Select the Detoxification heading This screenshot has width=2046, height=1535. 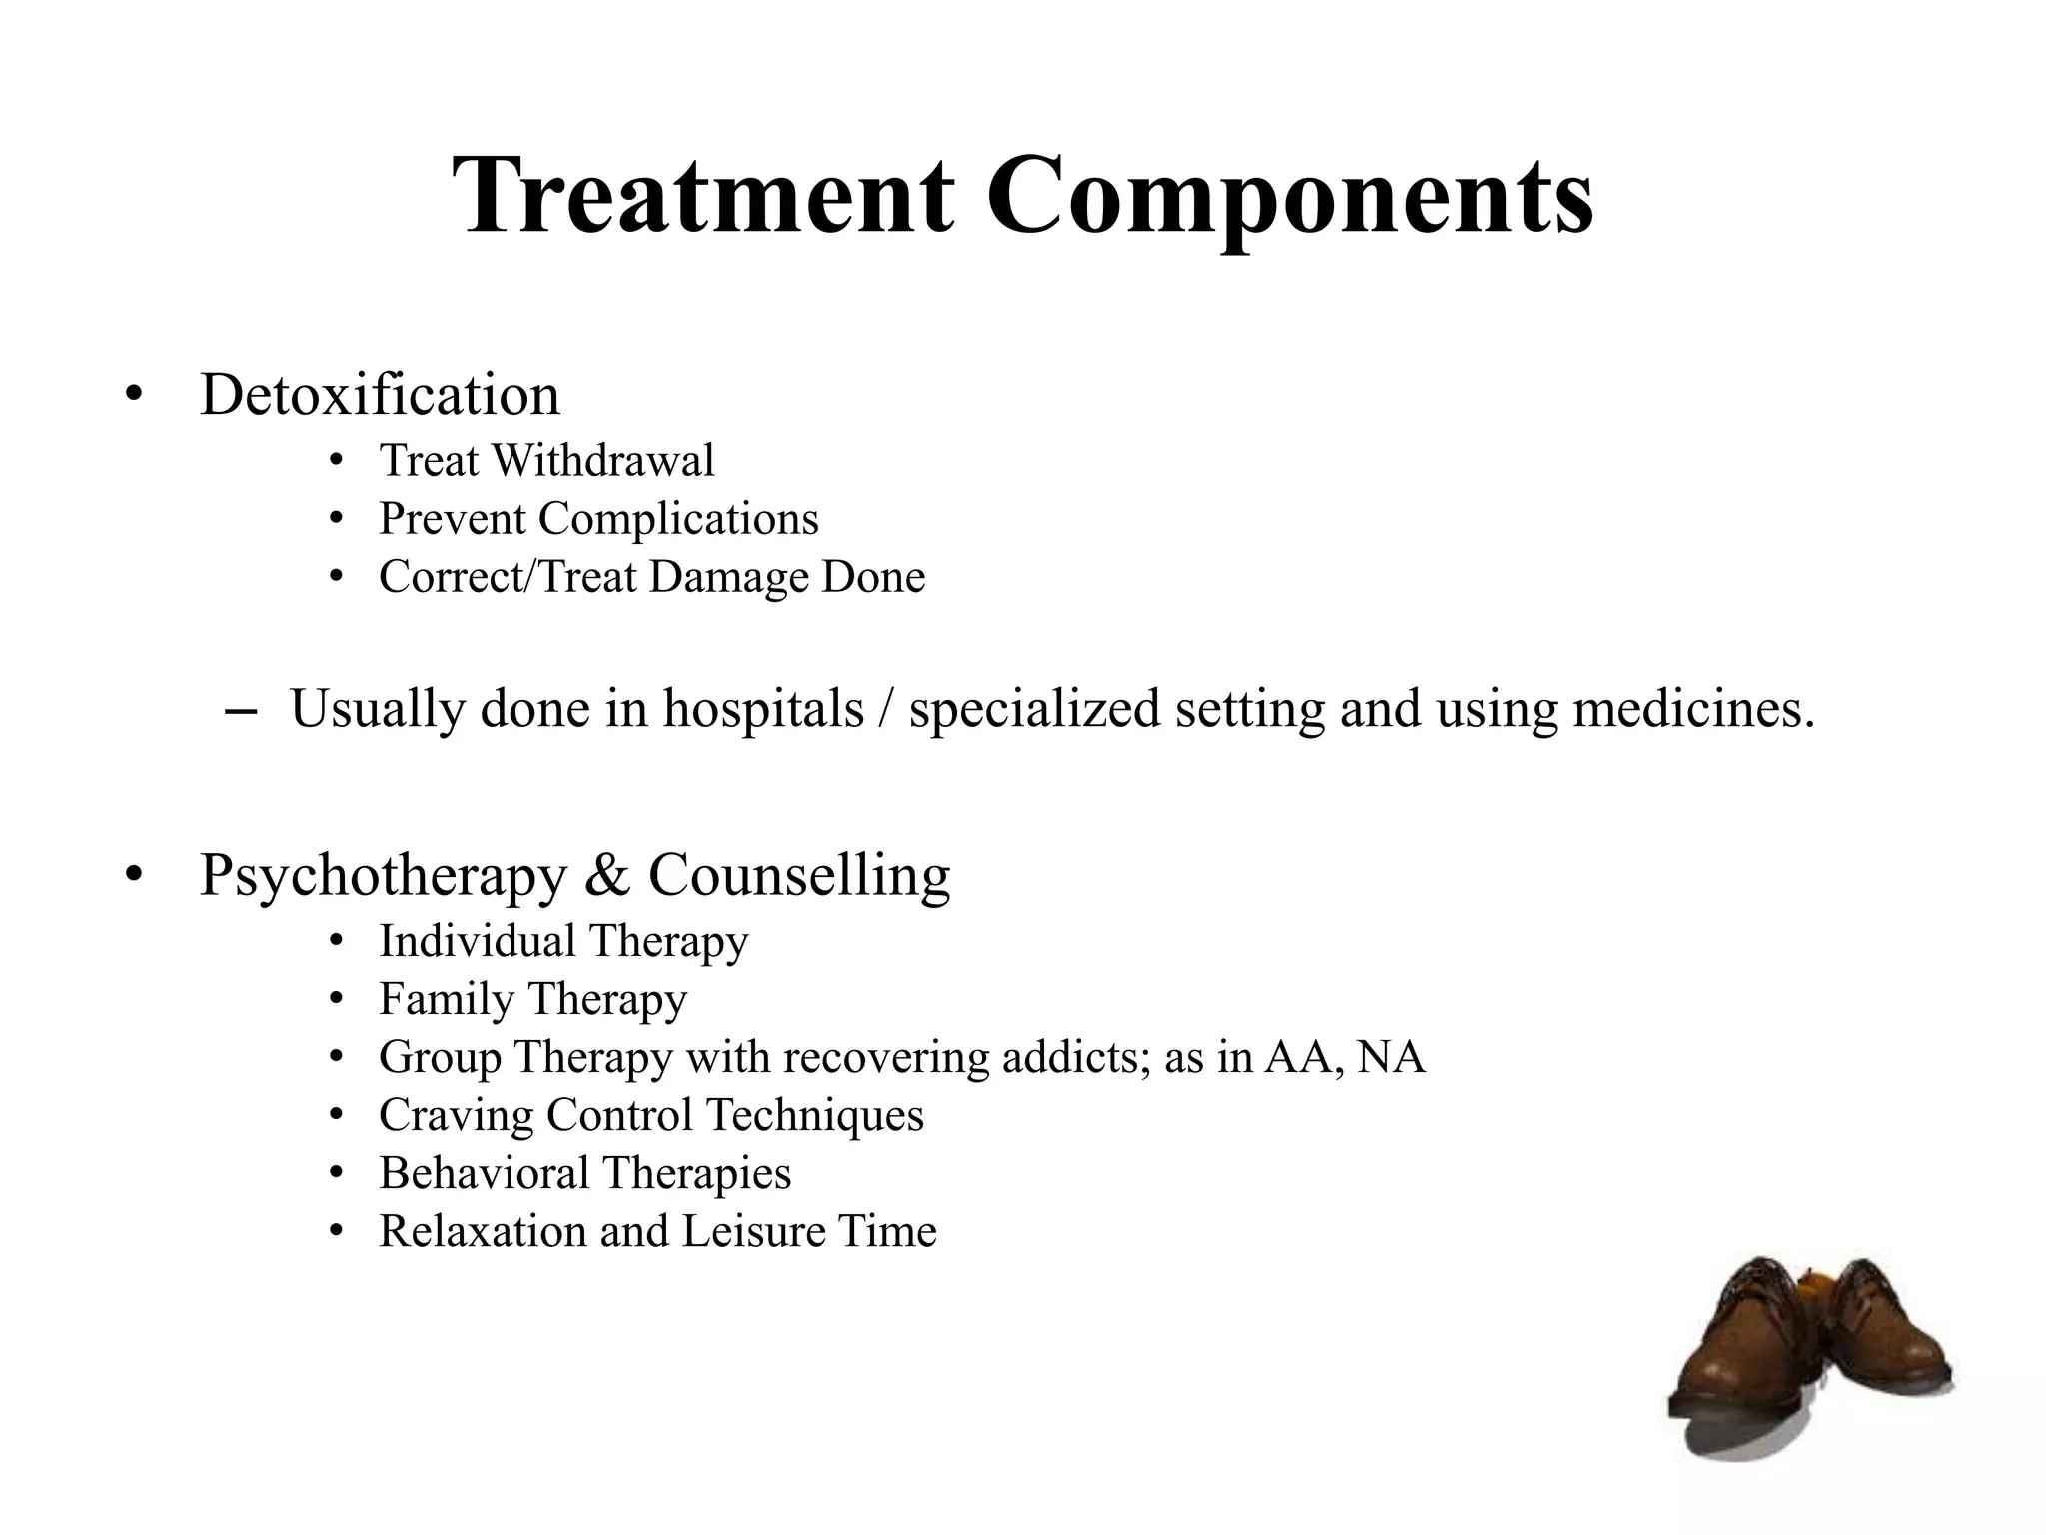tap(380, 394)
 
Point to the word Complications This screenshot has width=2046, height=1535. tap(678, 519)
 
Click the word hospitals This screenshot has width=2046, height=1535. tap(763, 709)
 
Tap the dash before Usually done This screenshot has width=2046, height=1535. tap(241, 712)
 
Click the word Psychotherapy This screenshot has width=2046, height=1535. tap(384, 875)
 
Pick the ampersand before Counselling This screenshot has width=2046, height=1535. tap(607, 875)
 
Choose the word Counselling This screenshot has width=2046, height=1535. tap(799, 875)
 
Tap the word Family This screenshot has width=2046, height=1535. tap(446, 999)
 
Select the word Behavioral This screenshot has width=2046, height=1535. tap(485, 1173)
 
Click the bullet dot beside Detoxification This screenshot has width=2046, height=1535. tap(134, 396)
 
